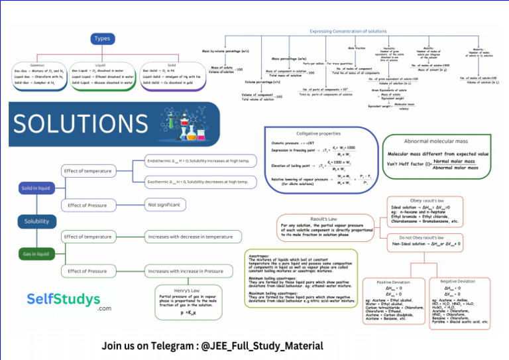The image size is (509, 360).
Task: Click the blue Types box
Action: pos(102,38)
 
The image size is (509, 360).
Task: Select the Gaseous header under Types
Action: pos(38,66)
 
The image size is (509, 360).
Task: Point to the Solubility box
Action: pos(36,221)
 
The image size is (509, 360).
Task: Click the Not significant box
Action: pos(164,205)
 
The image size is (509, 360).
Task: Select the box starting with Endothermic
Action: pos(199,161)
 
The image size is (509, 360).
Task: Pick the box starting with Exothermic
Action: pos(199,182)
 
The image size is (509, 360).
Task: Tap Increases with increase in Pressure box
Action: pos(186,271)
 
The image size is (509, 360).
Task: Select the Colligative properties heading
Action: pos(318,133)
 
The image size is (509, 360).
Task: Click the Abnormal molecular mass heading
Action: pos(437,141)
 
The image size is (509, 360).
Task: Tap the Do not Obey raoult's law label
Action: pos(425,237)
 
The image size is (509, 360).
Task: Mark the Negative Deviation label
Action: pos(457,280)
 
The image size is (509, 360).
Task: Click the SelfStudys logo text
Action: pos(64,300)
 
